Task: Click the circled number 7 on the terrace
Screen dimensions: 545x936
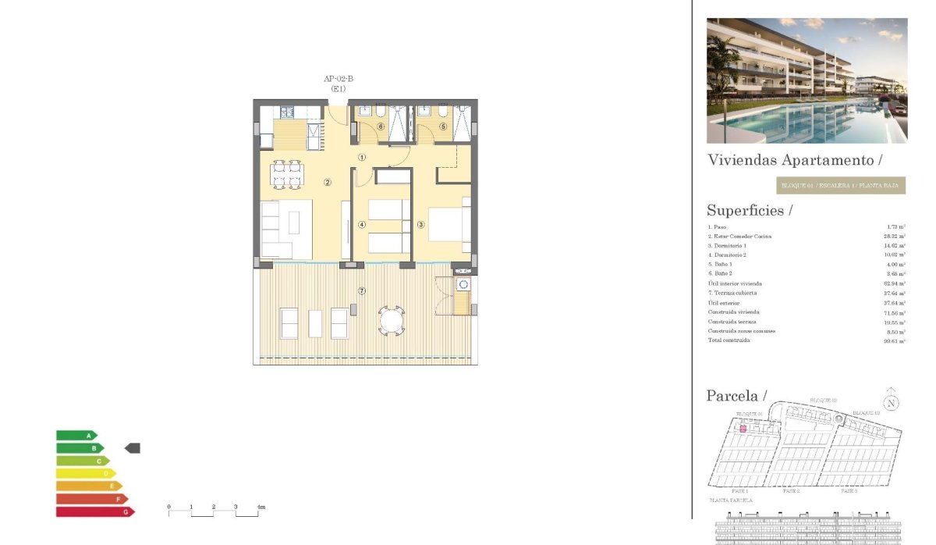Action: point(362,291)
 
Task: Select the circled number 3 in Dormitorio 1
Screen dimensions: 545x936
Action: point(420,225)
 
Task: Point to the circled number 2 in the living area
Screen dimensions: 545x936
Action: point(328,183)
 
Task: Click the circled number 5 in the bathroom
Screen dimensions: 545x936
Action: point(443,126)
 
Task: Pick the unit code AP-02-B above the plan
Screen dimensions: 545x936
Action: point(339,78)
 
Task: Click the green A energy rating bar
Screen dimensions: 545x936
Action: point(76,435)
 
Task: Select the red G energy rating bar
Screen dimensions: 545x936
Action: point(94,511)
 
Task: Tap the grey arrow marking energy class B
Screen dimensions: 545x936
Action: point(133,448)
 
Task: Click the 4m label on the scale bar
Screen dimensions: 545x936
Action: point(261,508)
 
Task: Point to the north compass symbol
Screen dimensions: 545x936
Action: point(892,403)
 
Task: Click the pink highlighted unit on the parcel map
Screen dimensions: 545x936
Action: point(743,429)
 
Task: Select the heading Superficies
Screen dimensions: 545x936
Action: point(750,210)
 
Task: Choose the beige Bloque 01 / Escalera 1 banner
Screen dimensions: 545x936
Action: point(841,186)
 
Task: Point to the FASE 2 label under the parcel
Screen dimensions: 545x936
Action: point(791,491)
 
